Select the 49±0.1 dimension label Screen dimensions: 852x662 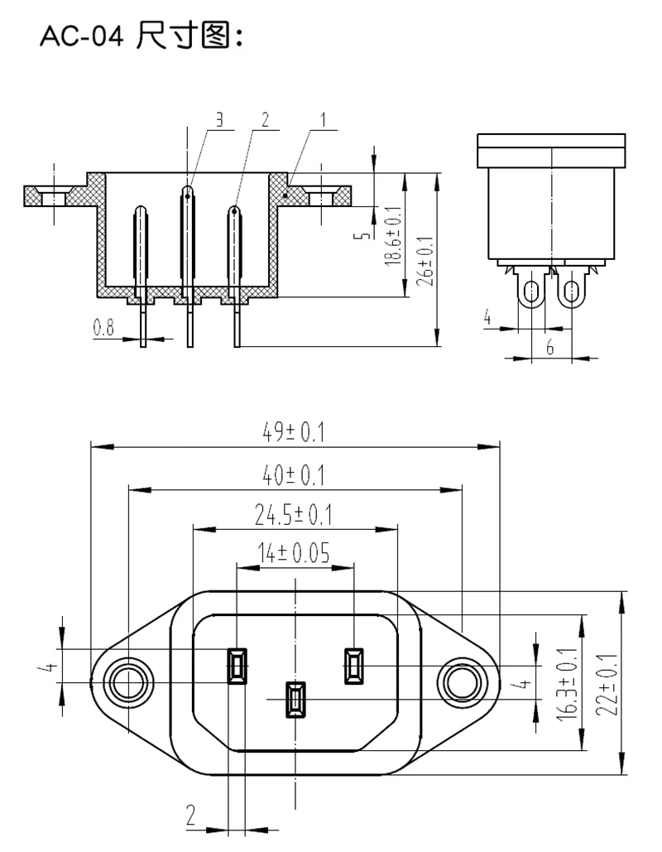click(294, 432)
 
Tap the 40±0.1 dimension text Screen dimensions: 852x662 click(294, 475)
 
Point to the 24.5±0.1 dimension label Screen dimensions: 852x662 click(293, 517)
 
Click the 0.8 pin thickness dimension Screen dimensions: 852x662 click(103, 328)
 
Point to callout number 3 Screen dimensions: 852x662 click(218, 119)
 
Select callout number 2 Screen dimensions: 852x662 click(265, 119)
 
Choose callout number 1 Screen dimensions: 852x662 click(324, 119)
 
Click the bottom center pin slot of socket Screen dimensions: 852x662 click(295, 699)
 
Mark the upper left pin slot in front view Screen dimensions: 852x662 click(237, 666)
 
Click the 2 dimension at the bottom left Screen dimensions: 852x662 click(190, 818)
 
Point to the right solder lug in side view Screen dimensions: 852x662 click(570, 291)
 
